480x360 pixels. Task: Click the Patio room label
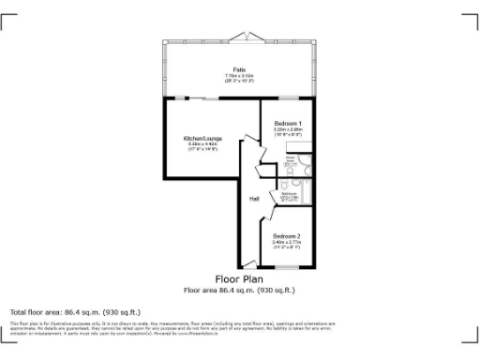pyautogui.click(x=240, y=68)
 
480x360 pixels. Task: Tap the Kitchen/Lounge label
pyautogui.click(x=202, y=138)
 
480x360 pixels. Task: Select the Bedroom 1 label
pyautogui.click(x=288, y=124)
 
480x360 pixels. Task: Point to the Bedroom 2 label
pyautogui.click(x=286, y=235)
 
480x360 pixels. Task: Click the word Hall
pyautogui.click(x=254, y=199)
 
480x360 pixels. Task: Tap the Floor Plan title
pyautogui.click(x=239, y=279)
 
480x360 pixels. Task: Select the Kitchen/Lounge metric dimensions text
pyautogui.click(x=202, y=144)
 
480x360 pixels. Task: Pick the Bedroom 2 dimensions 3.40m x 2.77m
pyautogui.click(x=286, y=242)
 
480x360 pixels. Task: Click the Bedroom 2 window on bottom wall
pyautogui.click(x=286, y=268)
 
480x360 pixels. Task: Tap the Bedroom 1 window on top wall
pyautogui.click(x=286, y=98)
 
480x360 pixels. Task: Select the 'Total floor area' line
pyautogui.click(x=75, y=311)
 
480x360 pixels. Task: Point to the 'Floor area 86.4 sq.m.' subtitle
pyautogui.click(x=239, y=290)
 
